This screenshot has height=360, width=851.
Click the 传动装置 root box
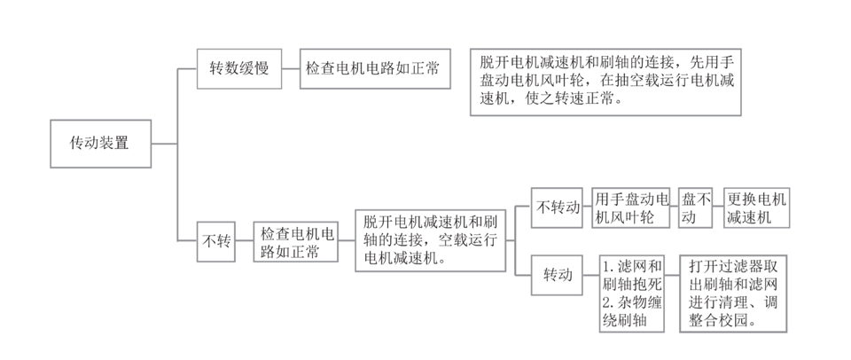coord(98,143)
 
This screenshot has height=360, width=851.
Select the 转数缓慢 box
coord(238,68)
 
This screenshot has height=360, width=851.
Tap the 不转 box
coord(216,240)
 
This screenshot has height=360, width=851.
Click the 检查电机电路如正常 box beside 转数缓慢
coord(372,68)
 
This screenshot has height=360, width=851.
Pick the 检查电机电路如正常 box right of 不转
coord(297,240)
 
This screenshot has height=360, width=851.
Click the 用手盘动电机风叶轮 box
coord(628,207)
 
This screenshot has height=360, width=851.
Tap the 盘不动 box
coord(696,207)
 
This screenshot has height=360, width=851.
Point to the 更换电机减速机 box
coord(755,207)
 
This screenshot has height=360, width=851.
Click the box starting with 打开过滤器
coord(733,293)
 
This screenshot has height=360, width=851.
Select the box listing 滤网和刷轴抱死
coord(631,293)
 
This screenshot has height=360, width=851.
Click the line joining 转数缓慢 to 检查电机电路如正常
coord(291,68)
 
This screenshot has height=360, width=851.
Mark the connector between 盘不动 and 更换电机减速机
coord(718,207)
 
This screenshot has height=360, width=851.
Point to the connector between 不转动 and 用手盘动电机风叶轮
coord(588,207)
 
